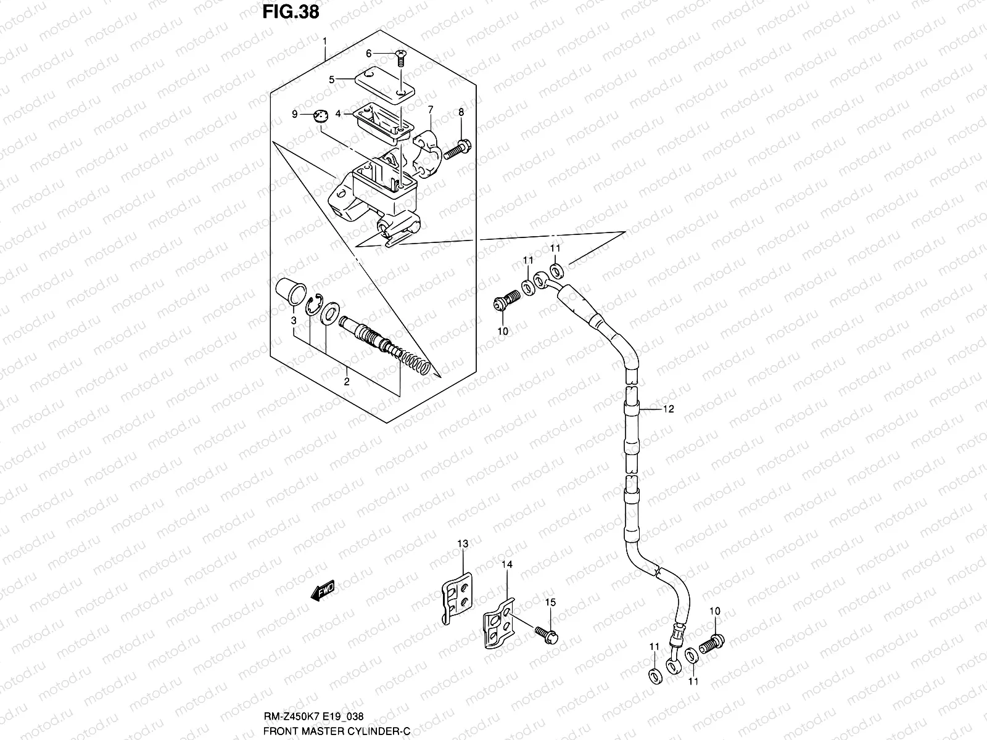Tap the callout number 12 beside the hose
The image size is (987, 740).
668,409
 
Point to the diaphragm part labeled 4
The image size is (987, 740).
384,118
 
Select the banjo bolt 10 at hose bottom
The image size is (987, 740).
711,644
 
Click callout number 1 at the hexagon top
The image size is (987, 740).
326,43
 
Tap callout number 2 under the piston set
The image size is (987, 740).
347,382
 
